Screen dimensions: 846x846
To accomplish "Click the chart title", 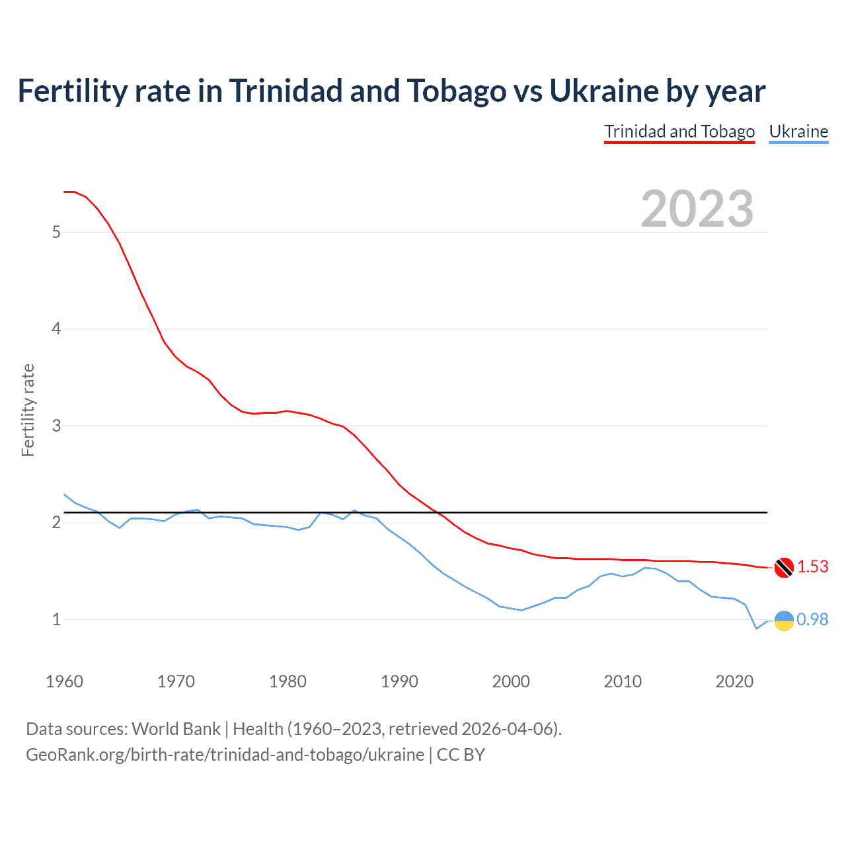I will click(391, 91).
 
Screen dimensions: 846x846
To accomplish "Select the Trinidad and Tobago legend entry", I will click(679, 132).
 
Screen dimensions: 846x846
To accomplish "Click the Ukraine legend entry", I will click(798, 132).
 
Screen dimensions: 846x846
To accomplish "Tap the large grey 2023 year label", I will click(697, 209).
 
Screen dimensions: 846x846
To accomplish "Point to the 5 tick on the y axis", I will click(56, 232).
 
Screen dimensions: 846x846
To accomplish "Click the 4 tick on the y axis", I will click(56, 329).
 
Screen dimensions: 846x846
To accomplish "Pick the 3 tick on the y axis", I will click(56, 426).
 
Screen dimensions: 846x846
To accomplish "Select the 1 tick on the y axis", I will click(56, 619).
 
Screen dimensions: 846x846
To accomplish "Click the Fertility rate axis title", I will click(28, 410).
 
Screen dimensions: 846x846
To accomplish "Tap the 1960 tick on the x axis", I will click(64, 681).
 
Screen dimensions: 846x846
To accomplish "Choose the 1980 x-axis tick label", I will click(288, 681).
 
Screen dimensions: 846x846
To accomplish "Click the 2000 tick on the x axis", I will click(511, 681).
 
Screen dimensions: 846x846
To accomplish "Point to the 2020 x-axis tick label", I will click(734, 681).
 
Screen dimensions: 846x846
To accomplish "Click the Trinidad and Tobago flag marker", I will click(784, 567).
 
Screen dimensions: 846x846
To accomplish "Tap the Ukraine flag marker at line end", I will click(784, 620).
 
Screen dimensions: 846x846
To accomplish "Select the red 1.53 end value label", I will click(813, 567).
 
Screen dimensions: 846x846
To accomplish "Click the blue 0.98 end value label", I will click(813, 619).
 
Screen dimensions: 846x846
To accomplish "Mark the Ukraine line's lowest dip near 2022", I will click(757, 628).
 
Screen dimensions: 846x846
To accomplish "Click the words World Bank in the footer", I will click(176, 729).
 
